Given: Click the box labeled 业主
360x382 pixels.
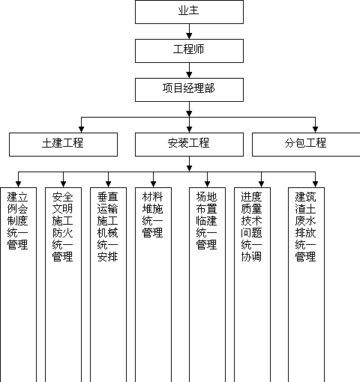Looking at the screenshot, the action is pos(189,12).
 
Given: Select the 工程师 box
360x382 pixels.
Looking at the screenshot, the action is pos(189,51).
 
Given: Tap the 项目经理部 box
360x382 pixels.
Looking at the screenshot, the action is pos(189,90).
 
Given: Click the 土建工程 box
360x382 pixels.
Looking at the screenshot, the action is pos(63,145).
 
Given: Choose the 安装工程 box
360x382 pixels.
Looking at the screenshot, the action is pos(189,145).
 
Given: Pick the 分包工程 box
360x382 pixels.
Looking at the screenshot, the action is pos(306,145).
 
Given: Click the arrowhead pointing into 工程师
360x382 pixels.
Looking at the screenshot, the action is pos(189,36).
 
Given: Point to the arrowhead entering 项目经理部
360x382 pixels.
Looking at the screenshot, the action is pos(189,75).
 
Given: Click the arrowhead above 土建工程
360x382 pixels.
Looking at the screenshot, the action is pos(81,130).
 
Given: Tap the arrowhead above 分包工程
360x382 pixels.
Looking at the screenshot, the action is pos(315,130).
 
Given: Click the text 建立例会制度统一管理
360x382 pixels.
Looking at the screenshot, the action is pos(17,221).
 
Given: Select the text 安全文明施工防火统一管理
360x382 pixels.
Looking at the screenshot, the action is pos(62,227).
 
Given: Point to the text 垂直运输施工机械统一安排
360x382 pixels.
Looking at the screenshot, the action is pos(107,227).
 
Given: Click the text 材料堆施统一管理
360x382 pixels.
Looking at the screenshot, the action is pos(152,215).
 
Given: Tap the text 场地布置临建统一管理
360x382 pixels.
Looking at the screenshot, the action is pos(206,221).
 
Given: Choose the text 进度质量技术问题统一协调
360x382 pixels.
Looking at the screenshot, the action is pos(251,227).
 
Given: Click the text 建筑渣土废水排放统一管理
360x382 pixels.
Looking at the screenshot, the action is pos(305,227).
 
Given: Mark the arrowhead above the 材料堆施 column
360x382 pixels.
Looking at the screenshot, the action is pos(153,184).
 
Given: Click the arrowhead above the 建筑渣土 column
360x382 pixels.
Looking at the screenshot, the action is pos(315,184).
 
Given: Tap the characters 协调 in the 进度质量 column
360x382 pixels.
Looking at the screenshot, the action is pos(251,257).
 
